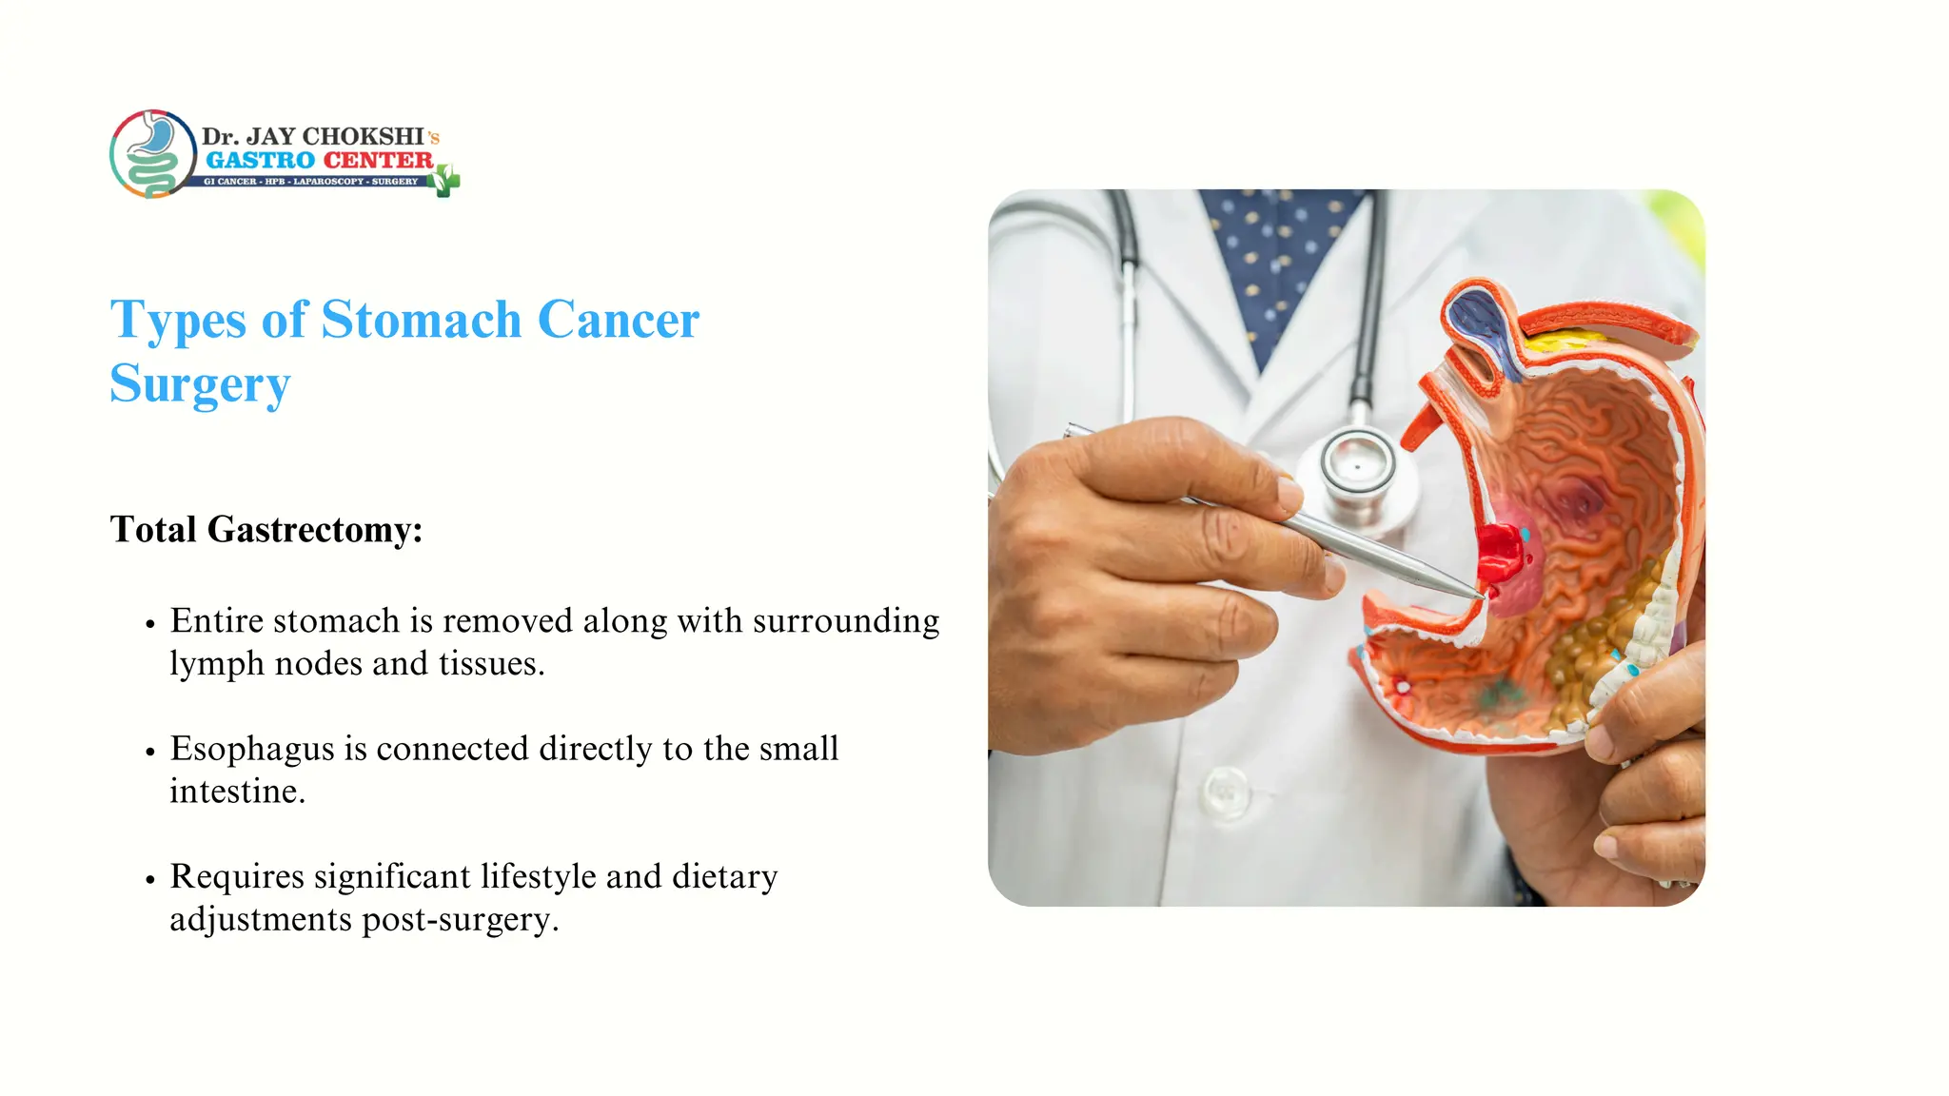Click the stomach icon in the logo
click(x=153, y=153)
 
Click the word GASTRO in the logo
click(x=260, y=160)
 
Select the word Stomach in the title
click(x=421, y=320)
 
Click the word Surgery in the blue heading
click(x=200, y=384)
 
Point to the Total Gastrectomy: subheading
click(x=266, y=529)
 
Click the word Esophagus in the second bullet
click(x=252, y=749)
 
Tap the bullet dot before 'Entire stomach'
click(x=150, y=624)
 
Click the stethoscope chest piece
click(x=1356, y=466)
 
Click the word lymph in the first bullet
click(x=216, y=664)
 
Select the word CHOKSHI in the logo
click(x=363, y=136)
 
